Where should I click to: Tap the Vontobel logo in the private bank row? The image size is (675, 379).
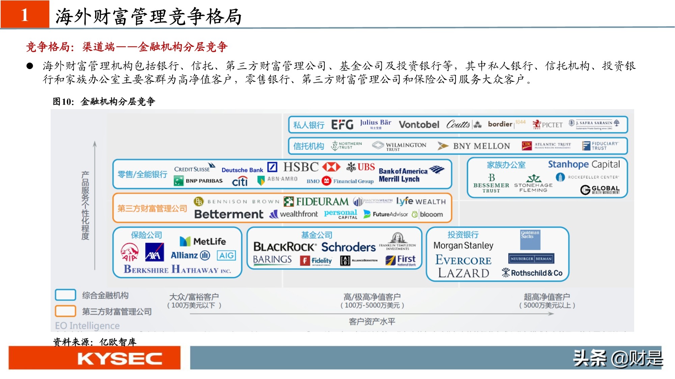(419, 125)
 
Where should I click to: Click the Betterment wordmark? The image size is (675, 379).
(228, 214)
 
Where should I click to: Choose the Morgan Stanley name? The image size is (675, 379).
(463, 246)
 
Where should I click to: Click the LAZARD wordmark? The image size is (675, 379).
(463, 273)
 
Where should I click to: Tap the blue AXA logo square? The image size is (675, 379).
(154, 252)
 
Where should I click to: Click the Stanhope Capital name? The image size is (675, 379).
(584, 164)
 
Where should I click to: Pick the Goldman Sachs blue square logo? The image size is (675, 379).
(530, 240)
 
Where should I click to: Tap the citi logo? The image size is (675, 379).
(240, 182)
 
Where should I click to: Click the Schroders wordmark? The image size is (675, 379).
(348, 247)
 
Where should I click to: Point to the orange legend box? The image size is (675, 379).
(65, 311)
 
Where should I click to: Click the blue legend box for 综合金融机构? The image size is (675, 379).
(65, 295)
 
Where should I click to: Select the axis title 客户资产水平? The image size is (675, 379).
(372, 321)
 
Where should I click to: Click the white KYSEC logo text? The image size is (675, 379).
(119, 359)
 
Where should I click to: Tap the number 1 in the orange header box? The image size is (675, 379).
(25, 15)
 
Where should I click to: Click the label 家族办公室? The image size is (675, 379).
(506, 165)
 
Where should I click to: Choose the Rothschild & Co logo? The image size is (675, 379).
(532, 273)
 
